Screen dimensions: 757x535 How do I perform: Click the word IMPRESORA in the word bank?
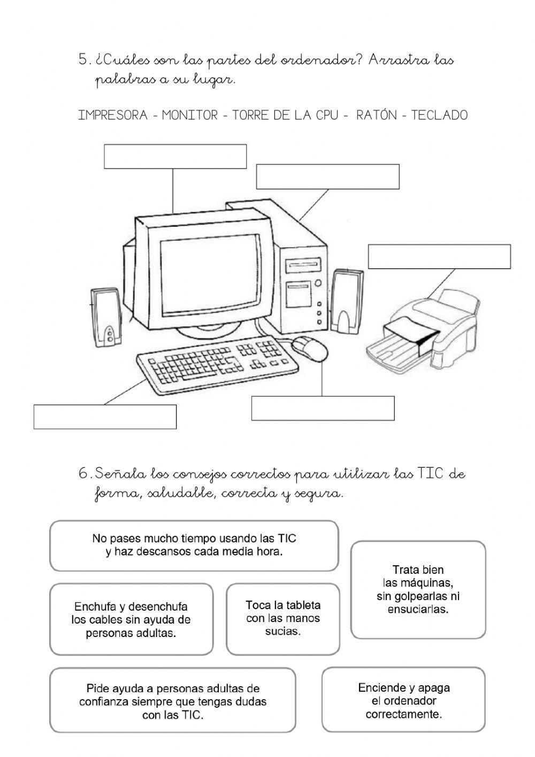point(113,115)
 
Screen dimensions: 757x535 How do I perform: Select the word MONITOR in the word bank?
point(190,115)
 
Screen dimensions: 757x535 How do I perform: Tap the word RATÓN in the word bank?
point(377,115)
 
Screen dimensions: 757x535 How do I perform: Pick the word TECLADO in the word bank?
point(439,115)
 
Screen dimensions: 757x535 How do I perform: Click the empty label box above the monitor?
point(175,156)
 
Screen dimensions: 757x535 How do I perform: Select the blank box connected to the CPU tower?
point(327,177)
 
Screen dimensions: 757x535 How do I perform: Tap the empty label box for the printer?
point(439,257)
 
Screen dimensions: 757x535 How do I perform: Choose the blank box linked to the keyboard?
point(105,417)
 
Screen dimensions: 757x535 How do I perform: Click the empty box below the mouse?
point(323,408)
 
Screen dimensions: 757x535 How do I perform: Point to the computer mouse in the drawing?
point(310,348)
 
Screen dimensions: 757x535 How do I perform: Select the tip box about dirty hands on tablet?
point(283,619)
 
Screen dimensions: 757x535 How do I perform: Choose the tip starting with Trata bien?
point(418,589)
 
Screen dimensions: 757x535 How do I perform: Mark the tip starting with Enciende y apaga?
point(403,700)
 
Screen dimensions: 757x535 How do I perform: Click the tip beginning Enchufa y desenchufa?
point(131,620)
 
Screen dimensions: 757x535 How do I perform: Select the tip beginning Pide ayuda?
point(172,701)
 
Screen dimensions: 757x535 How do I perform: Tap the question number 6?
point(83,474)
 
